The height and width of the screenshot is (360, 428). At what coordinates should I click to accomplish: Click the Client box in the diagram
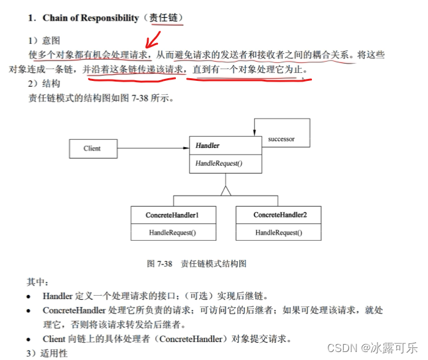click(93, 149)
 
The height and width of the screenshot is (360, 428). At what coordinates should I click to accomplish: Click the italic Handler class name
click(207, 145)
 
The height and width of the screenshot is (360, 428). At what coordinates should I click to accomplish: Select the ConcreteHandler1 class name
click(172, 215)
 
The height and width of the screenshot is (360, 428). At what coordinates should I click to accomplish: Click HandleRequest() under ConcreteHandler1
click(172, 233)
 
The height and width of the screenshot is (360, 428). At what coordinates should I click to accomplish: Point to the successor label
click(281, 139)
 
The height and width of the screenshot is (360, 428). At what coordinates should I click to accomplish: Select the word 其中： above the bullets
click(38, 281)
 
